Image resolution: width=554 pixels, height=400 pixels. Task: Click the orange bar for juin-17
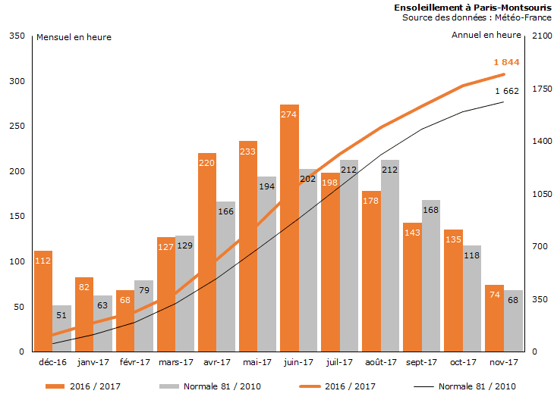(x=289, y=227)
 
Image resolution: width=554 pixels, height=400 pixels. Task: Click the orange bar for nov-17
(x=495, y=318)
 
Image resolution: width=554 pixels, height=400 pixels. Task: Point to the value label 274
(x=289, y=114)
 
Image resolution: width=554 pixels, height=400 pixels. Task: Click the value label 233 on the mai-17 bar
(x=248, y=152)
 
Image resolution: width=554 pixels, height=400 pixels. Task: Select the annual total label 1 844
(x=506, y=62)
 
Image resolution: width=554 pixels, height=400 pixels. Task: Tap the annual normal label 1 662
(x=506, y=91)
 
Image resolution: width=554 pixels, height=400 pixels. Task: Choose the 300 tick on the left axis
(x=16, y=81)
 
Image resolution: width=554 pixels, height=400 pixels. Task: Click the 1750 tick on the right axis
(x=540, y=89)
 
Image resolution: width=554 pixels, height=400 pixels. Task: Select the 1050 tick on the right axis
(x=540, y=194)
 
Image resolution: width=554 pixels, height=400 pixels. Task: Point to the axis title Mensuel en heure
(x=74, y=37)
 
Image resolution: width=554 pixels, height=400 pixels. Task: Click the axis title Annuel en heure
(x=486, y=35)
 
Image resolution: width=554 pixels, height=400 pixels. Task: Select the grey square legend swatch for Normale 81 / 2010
(x=168, y=386)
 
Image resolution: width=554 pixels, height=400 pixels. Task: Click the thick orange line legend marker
(x=297, y=386)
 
